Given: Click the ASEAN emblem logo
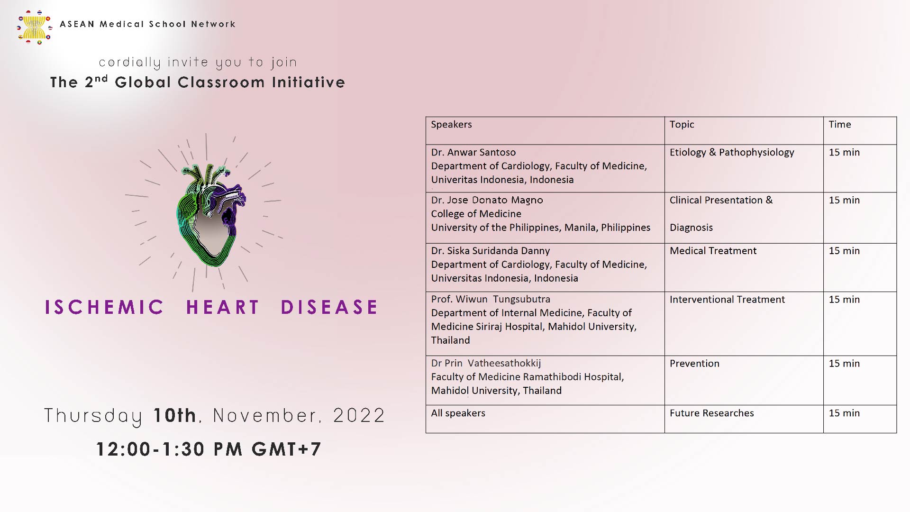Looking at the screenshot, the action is [35, 27].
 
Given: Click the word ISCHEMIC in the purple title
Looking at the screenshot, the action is [104, 307].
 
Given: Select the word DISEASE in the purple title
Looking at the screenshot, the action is [329, 307].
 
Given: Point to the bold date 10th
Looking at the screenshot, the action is [174, 415].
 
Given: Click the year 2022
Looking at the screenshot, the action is [359, 415].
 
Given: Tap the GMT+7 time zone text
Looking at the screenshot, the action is [286, 449].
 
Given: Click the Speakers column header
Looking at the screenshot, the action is [451, 124].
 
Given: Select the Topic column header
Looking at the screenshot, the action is [682, 125].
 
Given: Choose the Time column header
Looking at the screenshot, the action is [840, 124].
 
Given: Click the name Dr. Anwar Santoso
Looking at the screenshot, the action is [473, 152].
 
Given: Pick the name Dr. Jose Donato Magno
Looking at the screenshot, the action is [487, 200].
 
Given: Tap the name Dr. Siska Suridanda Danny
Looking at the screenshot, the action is [491, 251].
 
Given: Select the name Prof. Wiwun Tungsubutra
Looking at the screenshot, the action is [491, 299].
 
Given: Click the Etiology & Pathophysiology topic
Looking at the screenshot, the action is [732, 152].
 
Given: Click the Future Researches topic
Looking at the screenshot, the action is [711, 413].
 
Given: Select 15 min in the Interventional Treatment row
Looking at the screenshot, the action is [844, 300].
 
